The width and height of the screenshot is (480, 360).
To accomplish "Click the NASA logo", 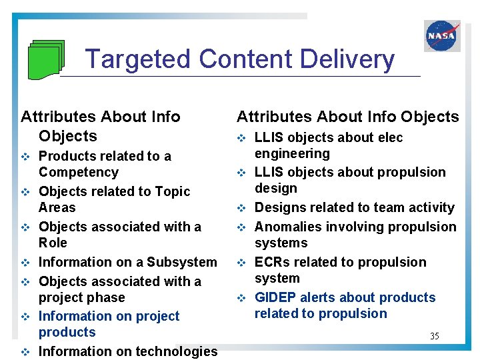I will (442, 35).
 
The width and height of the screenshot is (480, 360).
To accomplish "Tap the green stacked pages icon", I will (46, 59).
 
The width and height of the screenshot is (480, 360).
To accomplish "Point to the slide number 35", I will (434, 336).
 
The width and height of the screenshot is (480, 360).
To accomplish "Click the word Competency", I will (79, 173).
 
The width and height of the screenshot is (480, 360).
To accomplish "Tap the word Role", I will (53, 243).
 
